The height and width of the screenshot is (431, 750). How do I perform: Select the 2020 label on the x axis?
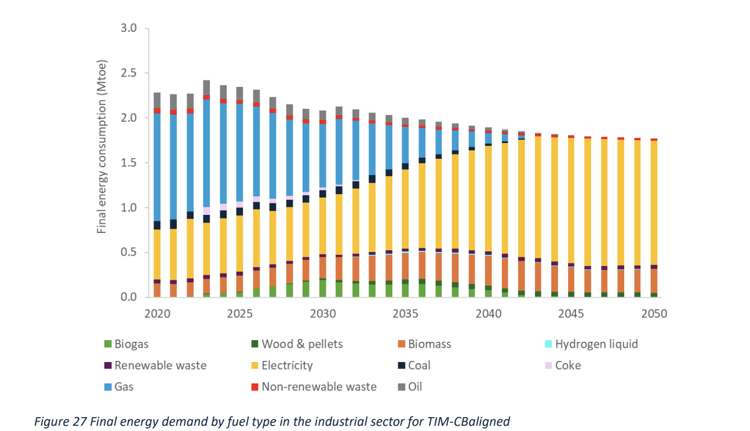pyautogui.click(x=157, y=313)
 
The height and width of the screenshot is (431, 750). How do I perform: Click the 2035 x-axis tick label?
pyautogui.click(x=405, y=313)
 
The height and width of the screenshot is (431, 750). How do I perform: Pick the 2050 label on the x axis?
pyautogui.click(x=654, y=313)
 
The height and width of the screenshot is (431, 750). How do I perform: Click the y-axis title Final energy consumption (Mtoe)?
pyautogui.click(x=102, y=147)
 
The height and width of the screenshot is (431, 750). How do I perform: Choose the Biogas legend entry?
pyautogui.click(x=131, y=344)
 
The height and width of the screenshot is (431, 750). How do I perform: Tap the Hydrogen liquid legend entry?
pyautogui.click(x=596, y=344)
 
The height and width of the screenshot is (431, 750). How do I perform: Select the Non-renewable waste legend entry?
pyautogui.click(x=319, y=386)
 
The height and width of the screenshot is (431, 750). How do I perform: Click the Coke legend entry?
pyautogui.click(x=567, y=365)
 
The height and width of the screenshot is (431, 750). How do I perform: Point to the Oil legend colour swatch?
pyautogui.click(x=400, y=386)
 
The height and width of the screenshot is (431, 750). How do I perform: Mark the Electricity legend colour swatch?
pyautogui.click(x=253, y=366)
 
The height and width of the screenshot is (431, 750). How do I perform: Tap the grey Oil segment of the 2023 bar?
pyautogui.click(x=206, y=87)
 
